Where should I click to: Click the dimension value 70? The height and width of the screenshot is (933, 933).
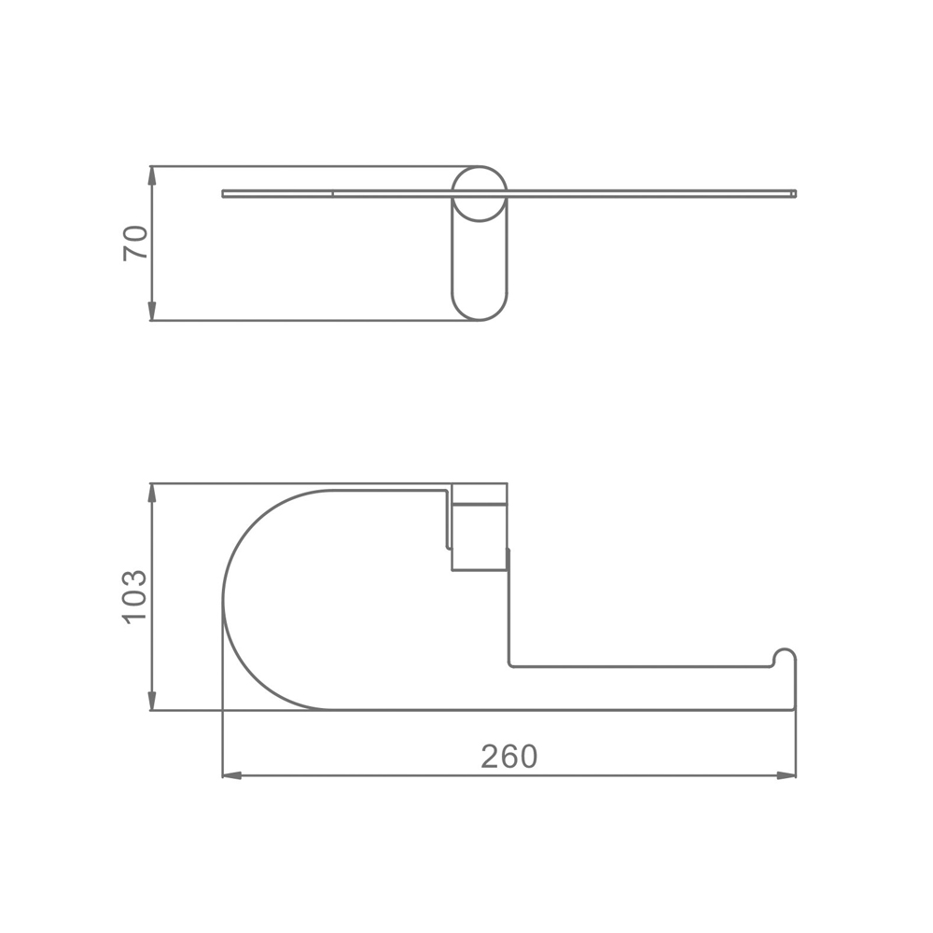coord(135,243)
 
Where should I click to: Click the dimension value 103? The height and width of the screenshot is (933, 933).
coord(134,597)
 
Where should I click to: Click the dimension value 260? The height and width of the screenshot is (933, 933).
coord(508,757)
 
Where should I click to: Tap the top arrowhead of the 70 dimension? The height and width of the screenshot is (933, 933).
coord(152,175)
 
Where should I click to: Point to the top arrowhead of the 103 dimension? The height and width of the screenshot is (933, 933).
coord(152,493)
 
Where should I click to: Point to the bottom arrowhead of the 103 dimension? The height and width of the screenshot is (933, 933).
coord(152,701)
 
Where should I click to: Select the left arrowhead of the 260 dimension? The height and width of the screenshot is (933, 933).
coord(231,776)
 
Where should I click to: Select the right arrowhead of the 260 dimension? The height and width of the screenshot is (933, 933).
coord(787,776)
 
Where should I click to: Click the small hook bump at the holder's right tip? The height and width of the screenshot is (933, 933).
coord(785,656)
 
